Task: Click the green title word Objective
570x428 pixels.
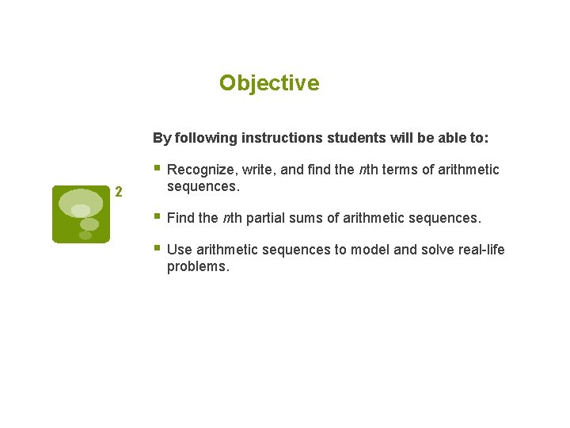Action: pyautogui.click(x=269, y=83)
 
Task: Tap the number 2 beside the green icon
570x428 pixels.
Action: pyautogui.click(x=119, y=191)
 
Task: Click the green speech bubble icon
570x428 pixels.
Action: pyautogui.click(x=81, y=213)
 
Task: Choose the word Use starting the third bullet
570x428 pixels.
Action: pyautogui.click(x=180, y=250)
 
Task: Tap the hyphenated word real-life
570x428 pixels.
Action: pyautogui.click(x=481, y=250)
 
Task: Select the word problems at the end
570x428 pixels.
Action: pyautogui.click(x=198, y=266)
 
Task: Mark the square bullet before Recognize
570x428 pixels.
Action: pyautogui.click(x=158, y=168)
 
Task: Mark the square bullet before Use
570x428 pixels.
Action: pyautogui.click(x=158, y=248)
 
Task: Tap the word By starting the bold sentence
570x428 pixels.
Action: pyautogui.click(x=161, y=138)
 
